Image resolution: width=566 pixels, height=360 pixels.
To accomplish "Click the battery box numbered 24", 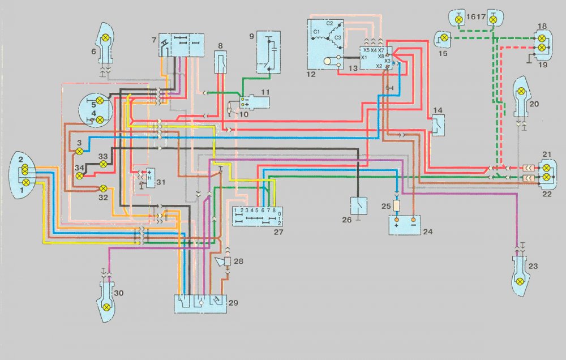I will pyautogui.click(x=405, y=224).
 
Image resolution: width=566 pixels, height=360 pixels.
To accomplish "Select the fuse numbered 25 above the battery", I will pyautogui.click(x=397, y=205).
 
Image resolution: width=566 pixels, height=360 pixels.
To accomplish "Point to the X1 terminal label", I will pyautogui.click(x=363, y=58).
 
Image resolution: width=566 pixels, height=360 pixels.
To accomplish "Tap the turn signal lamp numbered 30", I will pyautogui.click(x=106, y=306).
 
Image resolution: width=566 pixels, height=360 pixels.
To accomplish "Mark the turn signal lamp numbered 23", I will pyautogui.click(x=520, y=281).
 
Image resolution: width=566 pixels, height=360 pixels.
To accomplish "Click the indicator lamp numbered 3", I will pyautogui.click(x=80, y=151).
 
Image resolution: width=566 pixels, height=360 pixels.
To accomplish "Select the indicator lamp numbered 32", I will pyautogui.click(x=104, y=188).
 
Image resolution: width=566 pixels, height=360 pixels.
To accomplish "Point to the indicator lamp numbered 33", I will pyautogui.click(x=104, y=164).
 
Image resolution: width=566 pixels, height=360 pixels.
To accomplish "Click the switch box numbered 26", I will pyautogui.click(x=359, y=204).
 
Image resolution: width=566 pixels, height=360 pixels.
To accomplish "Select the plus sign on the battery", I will pyautogui.click(x=396, y=225).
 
